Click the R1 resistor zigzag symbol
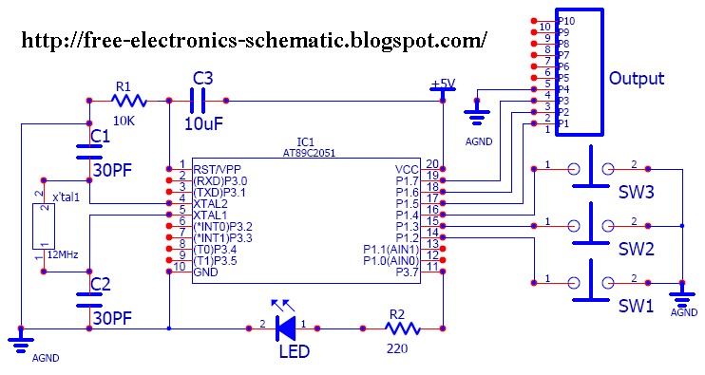[x=128, y=100]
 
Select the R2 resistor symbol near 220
[x=402, y=328]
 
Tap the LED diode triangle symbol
[x=284, y=328]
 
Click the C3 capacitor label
[x=203, y=78]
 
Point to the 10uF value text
[x=204, y=123]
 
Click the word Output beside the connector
[x=637, y=78]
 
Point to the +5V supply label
[x=442, y=84]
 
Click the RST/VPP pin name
[x=219, y=169]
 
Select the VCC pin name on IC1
[x=406, y=169]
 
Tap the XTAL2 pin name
[x=212, y=203]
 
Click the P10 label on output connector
[x=565, y=20]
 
